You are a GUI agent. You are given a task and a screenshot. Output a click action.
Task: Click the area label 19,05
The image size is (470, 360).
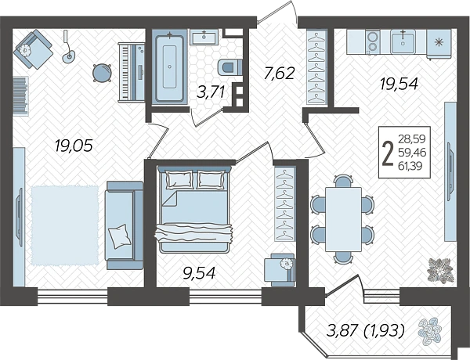74,146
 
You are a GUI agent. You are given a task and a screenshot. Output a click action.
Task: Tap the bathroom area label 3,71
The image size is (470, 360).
211,92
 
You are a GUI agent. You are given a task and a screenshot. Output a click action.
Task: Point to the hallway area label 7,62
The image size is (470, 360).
279,74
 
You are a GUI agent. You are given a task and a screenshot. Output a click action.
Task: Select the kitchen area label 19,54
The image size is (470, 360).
399,84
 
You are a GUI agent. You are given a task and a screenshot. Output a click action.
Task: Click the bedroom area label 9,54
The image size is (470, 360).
200,273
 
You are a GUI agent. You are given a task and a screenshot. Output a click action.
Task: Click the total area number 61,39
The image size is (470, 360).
412,165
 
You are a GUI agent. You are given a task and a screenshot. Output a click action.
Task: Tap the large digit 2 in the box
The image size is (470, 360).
389,153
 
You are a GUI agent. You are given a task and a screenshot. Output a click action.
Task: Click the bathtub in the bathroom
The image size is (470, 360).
170,67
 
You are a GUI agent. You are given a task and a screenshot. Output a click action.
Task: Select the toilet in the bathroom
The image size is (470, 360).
230,67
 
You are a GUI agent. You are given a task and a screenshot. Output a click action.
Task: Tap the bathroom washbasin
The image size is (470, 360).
204,38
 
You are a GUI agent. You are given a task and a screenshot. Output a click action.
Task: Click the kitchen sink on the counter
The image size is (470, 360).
403,42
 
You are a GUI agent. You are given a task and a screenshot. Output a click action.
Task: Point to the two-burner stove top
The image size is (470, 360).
372,42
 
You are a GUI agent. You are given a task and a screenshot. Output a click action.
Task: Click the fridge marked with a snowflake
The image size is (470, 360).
439,43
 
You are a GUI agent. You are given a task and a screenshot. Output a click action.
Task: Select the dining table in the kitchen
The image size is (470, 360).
343,219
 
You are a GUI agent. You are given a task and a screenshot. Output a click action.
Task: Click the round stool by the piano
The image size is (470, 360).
102,73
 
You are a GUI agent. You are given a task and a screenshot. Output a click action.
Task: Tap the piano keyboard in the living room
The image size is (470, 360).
132,72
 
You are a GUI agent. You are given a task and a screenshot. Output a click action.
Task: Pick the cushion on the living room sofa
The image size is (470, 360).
120,236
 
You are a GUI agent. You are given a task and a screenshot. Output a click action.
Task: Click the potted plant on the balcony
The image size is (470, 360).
429,331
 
